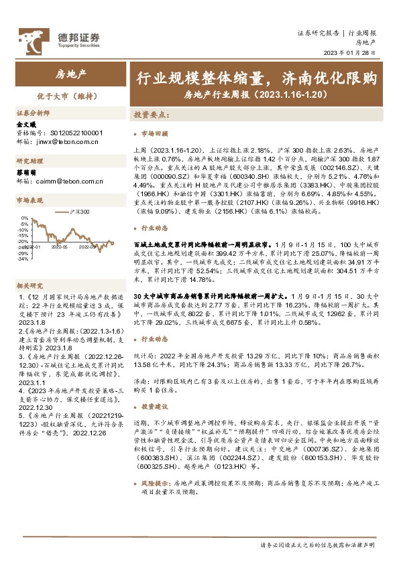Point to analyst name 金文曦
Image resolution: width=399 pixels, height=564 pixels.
25,125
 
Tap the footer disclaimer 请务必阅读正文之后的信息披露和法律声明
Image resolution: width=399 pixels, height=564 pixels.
317,545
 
